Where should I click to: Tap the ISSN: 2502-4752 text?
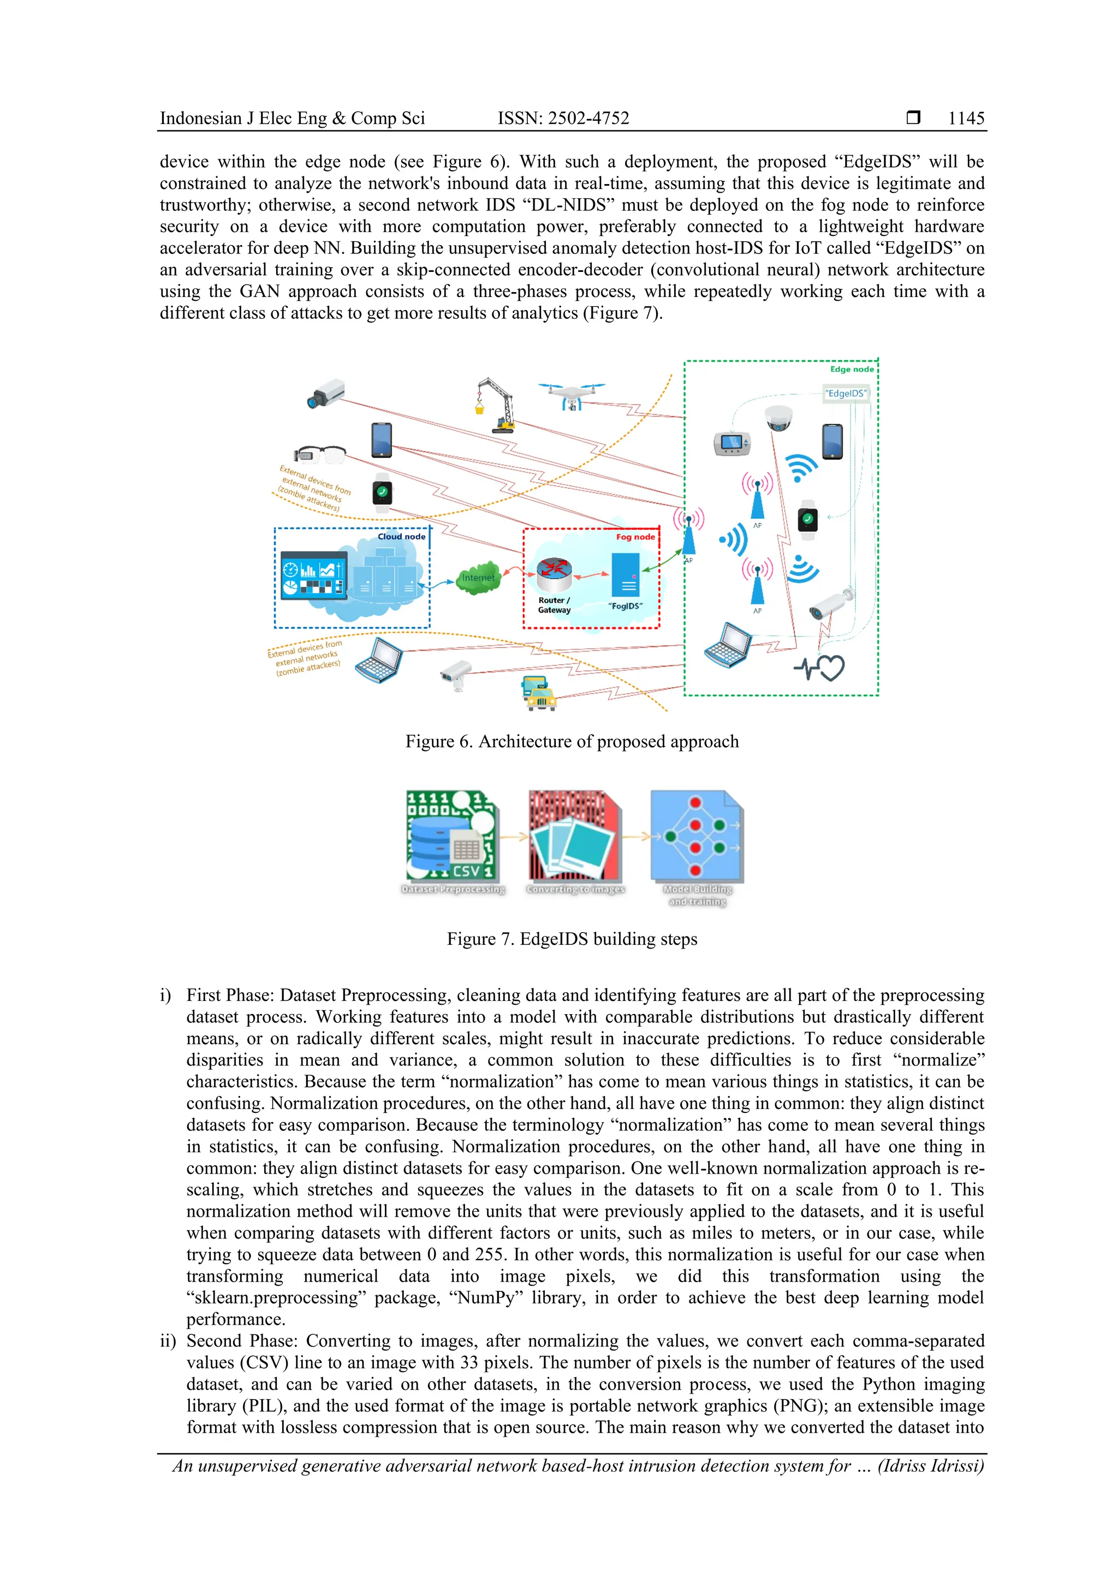point(563,118)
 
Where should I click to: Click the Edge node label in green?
point(852,369)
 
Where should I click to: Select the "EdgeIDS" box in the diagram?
point(846,393)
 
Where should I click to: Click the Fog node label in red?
point(635,537)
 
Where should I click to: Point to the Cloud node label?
point(401,536)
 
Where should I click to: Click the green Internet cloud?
point(478,577)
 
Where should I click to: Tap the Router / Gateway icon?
point(554,576)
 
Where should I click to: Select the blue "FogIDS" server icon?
point(625,574)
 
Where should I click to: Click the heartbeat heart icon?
point(820,667)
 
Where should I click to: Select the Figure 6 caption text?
point(571,742)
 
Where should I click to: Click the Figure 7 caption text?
point(571,939)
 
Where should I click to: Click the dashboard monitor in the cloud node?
point(313,576)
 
